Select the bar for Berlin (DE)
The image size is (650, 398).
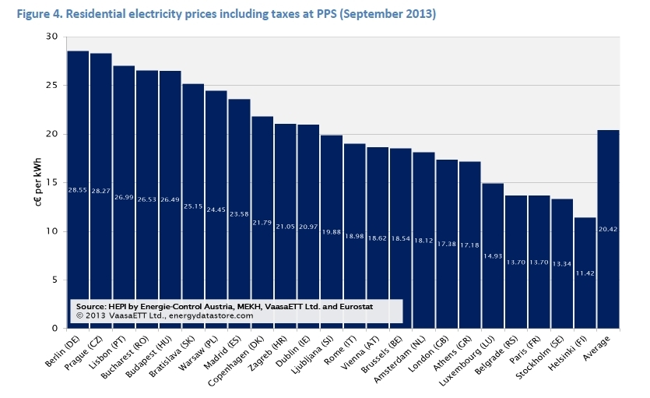(78, 187)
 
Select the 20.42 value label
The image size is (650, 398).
(608, 229)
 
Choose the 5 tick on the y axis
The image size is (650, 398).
(54, 280)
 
